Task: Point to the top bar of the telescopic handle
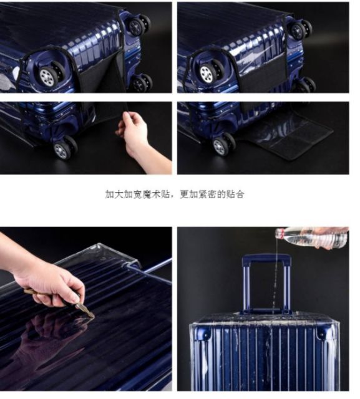(266, 259)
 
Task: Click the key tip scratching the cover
(92, 316)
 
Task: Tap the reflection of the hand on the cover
(51, 336)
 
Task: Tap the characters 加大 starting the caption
(115, 194)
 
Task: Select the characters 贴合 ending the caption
(235, 194)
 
